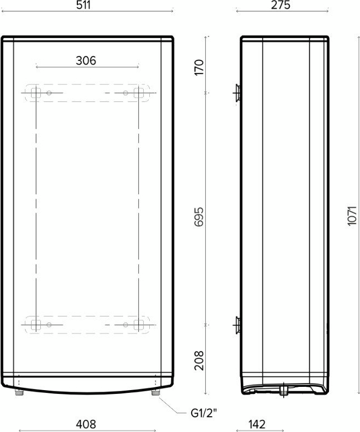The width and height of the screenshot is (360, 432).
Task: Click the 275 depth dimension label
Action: [280, 5]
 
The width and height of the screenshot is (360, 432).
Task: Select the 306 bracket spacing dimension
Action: [86, 60]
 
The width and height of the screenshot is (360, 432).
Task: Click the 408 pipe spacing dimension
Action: [86, 424]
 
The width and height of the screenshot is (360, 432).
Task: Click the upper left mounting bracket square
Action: [35, 93]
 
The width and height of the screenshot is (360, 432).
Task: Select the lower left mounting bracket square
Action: [35, 325]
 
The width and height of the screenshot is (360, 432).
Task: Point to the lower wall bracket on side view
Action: [237, 325]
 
